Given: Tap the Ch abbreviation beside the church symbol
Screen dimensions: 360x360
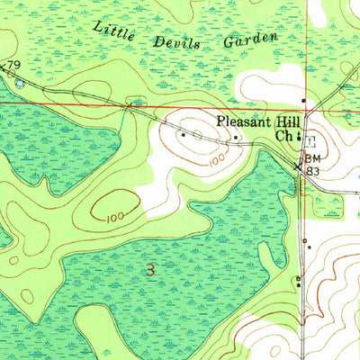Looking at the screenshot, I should click(x=283, y=137).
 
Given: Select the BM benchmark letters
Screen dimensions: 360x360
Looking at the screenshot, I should click(x=312, y=158).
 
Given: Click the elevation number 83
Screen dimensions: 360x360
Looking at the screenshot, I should click(x=313, y=170).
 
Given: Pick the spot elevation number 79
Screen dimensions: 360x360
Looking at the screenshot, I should click(x=13, y=65).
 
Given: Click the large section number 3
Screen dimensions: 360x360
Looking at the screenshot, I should click(x=150, y=268).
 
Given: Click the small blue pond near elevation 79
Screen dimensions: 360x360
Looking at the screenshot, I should click(x=20, y=83).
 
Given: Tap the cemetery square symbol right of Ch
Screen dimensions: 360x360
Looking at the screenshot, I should click(x=310, y=139).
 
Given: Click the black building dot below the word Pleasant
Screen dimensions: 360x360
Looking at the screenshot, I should click(x=236, y=138).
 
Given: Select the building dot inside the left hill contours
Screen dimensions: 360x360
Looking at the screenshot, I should click(x=183, y=136).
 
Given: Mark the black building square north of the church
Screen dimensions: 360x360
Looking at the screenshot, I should click(x=304, y=100).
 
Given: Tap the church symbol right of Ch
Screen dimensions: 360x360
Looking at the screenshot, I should click(x=298, y=138).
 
